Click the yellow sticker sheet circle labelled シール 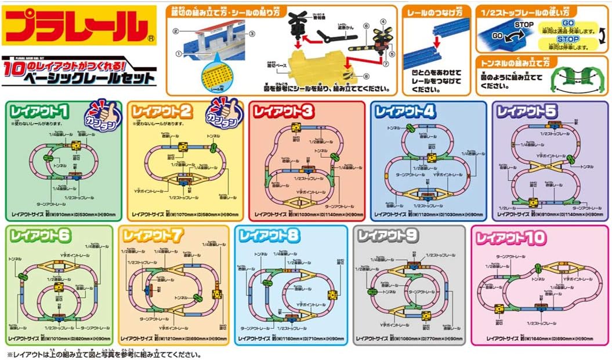pos(215,75)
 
